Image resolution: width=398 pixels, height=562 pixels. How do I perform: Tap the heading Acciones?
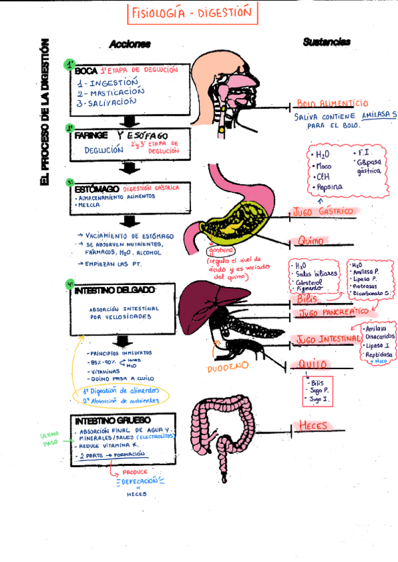point(130,44)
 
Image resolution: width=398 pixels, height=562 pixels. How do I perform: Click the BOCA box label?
point(86,72)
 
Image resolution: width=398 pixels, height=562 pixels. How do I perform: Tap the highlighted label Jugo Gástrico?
point(322,212)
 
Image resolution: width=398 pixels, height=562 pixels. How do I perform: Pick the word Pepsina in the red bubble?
point(328,188)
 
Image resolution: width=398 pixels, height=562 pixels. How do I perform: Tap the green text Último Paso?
point(51,439)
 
